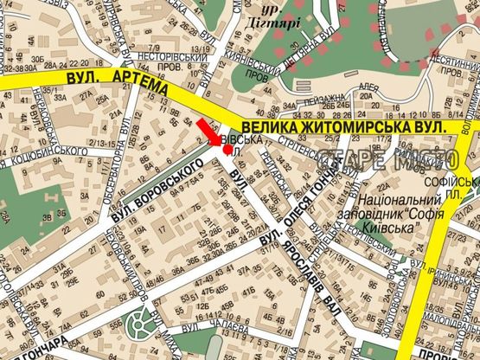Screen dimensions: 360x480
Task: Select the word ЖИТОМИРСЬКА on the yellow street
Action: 355,126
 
